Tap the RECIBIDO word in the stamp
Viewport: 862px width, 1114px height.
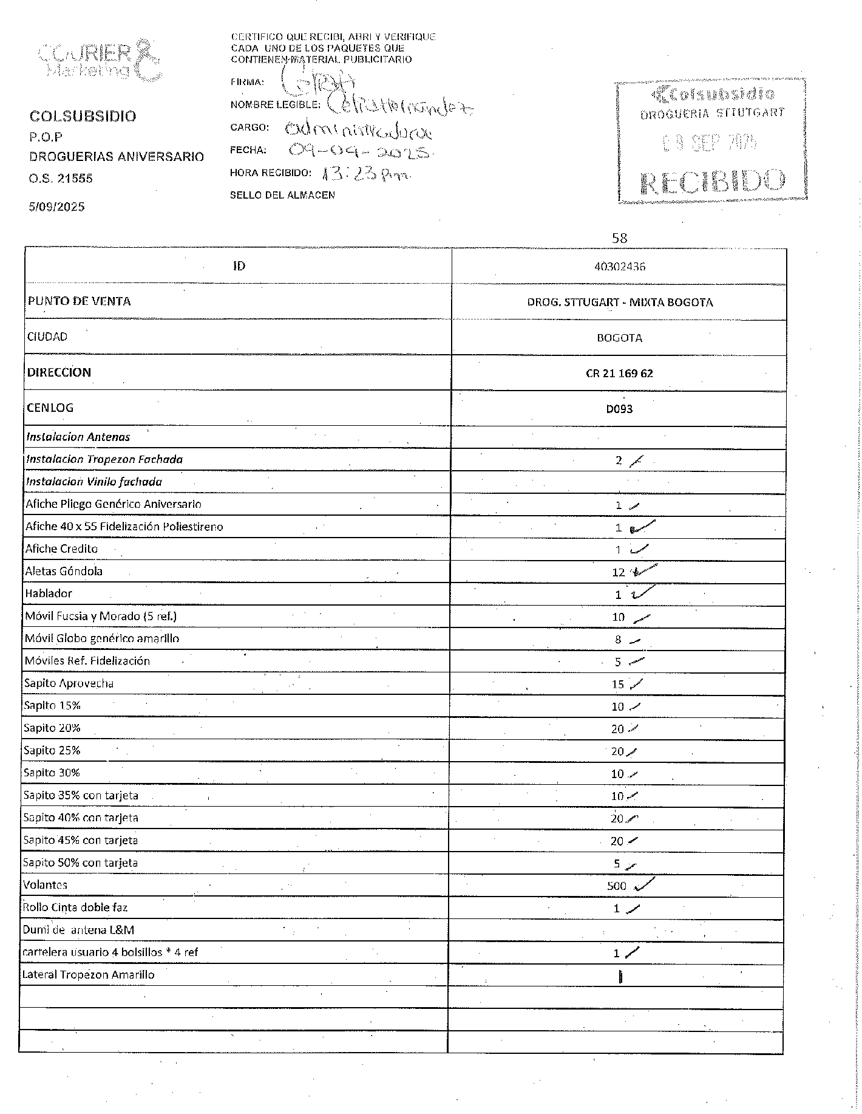[x=713, y=180]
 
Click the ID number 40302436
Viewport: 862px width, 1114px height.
[x=619, y=266]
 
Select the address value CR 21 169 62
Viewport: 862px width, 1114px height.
[x=619, y=373]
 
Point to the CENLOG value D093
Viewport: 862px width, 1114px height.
[x=619, y=409]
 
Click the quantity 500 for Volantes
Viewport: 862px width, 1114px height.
[x=616, y=886]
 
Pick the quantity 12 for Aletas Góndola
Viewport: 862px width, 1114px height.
[x=619, y=572]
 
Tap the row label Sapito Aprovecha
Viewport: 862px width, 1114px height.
[x=69, y=683]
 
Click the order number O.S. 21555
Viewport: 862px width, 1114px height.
[x=61, y=179]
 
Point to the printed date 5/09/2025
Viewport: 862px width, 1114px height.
[x=57, y=207]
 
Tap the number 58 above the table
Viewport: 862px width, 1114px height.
[x=619, y=238]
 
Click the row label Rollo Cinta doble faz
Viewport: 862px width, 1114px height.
[x=75, y=907]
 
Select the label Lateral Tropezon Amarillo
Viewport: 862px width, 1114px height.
[x=88, y=975]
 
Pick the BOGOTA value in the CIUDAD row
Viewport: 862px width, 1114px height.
[x=619, y=338]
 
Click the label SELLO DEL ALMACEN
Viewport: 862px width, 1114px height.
[x=282, y=195]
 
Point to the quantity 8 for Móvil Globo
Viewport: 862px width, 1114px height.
[x=618, y=639]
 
